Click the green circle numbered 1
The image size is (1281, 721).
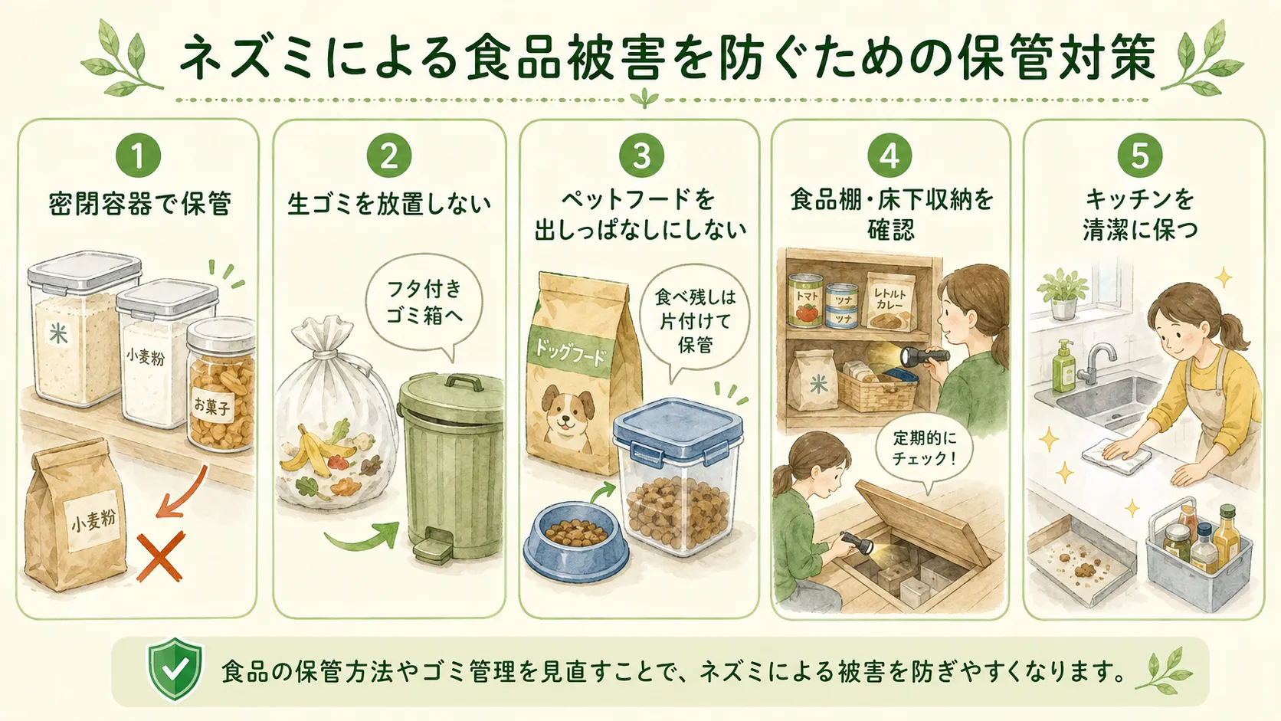pyautogui.click(x=139, y=156)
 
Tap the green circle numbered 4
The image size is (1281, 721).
pyautogui.click(x=889, y=155)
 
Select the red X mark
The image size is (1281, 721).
pyautogui.click(x=161, y=556)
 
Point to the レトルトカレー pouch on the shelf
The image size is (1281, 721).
pyautogui.click(x=890, y=300)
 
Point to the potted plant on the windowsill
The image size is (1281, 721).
pyautogui.click(x=1063, y=293)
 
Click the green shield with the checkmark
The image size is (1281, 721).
pyautogui.click(x=175, y=669)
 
